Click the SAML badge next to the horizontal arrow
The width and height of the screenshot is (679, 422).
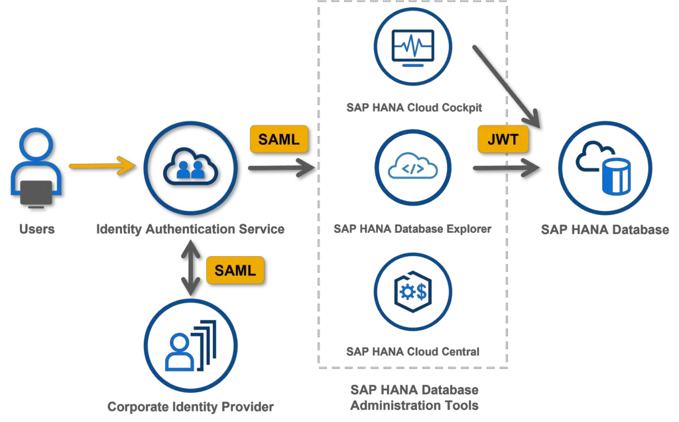coord(278,139)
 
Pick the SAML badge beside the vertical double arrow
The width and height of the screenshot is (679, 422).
coord(235,271)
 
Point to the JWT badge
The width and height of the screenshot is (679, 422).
coord(503,140)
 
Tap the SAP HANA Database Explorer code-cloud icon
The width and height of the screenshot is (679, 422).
coord(413,169)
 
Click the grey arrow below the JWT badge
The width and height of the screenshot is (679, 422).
coord(506,169)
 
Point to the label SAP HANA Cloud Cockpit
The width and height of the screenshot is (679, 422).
coord(413,107)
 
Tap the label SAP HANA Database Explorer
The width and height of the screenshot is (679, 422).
coord(413,229)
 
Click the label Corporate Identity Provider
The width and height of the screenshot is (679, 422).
coord(190,406)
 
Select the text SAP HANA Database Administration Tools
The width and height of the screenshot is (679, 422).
coord(414,397)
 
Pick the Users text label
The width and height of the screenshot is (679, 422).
coord(36,229)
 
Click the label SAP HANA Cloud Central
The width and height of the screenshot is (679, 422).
coord(413,351)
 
